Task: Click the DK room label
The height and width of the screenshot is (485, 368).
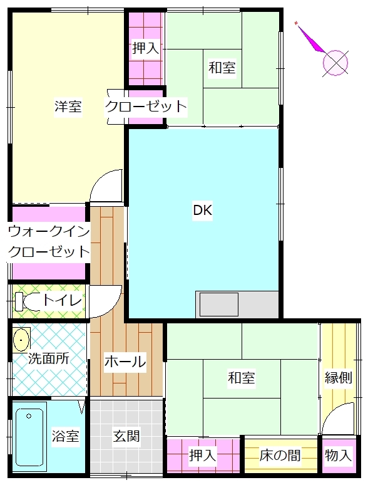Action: pyautogui.click(x=203, y=211)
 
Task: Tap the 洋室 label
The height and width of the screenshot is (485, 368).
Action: pyautogui.click(x=68, y=107)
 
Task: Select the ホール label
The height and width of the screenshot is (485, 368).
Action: pyautogui.click(x=125, y=362)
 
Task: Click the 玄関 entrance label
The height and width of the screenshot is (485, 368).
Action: pyautogui.click(x=126, y=436)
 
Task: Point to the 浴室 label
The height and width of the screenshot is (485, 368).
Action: pyautogui.click(x=65, y=436)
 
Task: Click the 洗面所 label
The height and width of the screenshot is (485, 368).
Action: pyautogui.click(x=49, y=359)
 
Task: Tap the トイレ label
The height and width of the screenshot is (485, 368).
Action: pyautogui.click(x=62, y=300)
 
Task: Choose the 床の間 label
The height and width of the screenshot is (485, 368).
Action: pyautogui.click(x=280, y=456)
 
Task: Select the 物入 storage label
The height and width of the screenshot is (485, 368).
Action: pyautogui.click(x=339, y=456)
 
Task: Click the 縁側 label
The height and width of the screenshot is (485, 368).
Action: pyautogui.click(x=339, y=377)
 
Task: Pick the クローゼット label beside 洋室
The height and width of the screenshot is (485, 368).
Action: pyautogui.click(x=146, y=107)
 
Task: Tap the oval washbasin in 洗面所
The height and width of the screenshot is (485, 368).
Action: pyautogui.click(x=21, y=340)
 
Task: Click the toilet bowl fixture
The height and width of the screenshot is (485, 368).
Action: pyautogui.click(x=28, y=301)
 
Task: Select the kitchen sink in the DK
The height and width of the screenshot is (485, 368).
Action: pyautogui.click(x=219, y=305)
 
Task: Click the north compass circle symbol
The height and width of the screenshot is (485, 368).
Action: pyautogui.click(x=335, y=63)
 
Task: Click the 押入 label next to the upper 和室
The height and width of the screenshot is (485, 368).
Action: pyautogui.click(x=146, y=48)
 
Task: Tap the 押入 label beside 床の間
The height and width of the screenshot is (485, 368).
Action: pyautogui.click(x=202, y=456)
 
